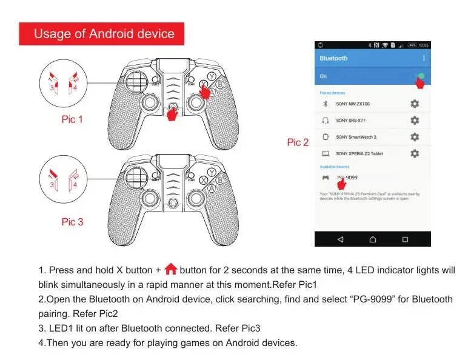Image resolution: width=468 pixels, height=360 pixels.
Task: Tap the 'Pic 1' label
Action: (72, 119)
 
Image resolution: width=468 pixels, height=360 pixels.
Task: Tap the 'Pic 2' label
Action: (298, 142)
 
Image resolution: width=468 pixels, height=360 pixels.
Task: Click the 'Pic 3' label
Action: (72, 222)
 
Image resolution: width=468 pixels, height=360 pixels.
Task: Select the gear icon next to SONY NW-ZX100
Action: (415, 104)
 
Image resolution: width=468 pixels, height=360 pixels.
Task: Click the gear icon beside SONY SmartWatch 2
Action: (415, 137)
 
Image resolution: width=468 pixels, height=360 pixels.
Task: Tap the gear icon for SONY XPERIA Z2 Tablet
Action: (415, 153)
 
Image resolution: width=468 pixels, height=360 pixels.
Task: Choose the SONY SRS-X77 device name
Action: (352, 121)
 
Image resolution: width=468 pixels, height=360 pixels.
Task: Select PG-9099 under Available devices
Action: (347, 178)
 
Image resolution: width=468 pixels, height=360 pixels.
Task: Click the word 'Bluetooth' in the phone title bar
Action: (333, 58)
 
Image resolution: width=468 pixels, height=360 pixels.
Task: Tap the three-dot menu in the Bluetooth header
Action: (424, 58)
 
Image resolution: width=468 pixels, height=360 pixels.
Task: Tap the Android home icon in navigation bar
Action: (373, 239)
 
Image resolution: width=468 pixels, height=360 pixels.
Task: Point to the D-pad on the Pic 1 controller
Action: (137, 79)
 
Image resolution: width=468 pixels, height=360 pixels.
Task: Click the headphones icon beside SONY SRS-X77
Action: (325, 121)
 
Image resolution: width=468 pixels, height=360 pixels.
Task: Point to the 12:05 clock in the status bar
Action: (423, 45)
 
